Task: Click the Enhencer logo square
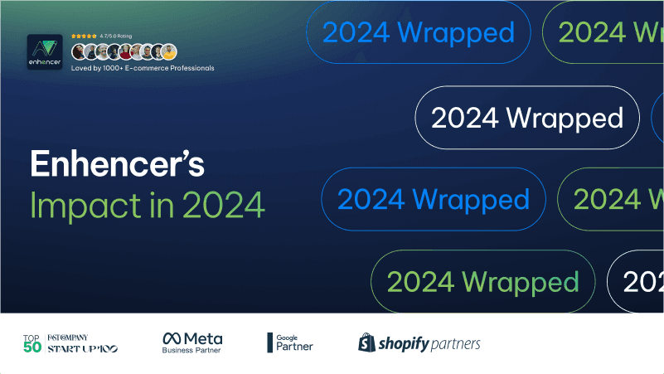pos(46,52)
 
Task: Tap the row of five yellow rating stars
pos(84,36)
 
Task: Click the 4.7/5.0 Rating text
pos(116,36)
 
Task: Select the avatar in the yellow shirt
pos(169,51)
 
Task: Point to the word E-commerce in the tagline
pos(145,68)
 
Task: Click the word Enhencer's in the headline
pos(117,164)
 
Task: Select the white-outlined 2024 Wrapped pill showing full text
pos(526,117)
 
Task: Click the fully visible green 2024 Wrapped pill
pos(482,281)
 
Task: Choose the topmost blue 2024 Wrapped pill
pos(418,33)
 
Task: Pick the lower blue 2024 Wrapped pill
pos(433,199)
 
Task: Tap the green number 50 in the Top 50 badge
pos(32,347)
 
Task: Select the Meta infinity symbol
pos(172,338)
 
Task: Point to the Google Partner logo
pos(289,342)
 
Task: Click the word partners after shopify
pos(455,343)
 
